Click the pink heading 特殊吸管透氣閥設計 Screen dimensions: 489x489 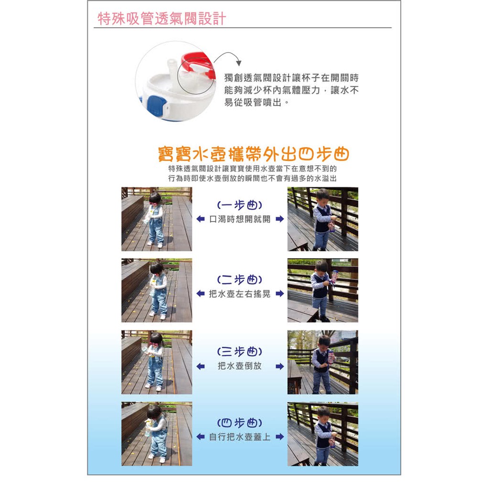pyautogui.click(x=162, y=19)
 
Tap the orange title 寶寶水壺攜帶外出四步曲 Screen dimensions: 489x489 pyautogui.click(x=253, y=154)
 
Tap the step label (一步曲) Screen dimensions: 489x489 pyautogui.click(x=240, y=205)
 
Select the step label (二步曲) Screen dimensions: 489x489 pyautogui.click(x=240, y=279)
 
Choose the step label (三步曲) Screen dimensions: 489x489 pyautogui.click(x=240, y=351)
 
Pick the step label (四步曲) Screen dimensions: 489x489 pyautogui.click(x=240, y=423)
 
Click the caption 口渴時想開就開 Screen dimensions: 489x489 pyautogui.click(x=240, y=219)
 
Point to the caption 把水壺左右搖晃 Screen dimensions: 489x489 pyautogui.click(x=240, y=294)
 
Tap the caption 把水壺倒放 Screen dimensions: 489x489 pyautogui.click(x=240, y=366)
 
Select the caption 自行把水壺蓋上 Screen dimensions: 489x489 pyautogui.click(x=240, y=436)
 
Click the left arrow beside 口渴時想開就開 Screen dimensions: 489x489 pyautogui.click(x=201, y=219)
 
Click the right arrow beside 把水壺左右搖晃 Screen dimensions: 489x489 pyautogui.click(x=280, y=294)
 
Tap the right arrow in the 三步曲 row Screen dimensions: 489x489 pyautogui.click(x=280, y=366)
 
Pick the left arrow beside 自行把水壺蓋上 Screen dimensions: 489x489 pyautogui.click(x=201, y=436)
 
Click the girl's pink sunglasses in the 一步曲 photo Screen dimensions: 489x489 pyautogui.click(x=154, y=203)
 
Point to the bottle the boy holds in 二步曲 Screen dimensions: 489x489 pyautogui.click(x=335, y=276)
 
